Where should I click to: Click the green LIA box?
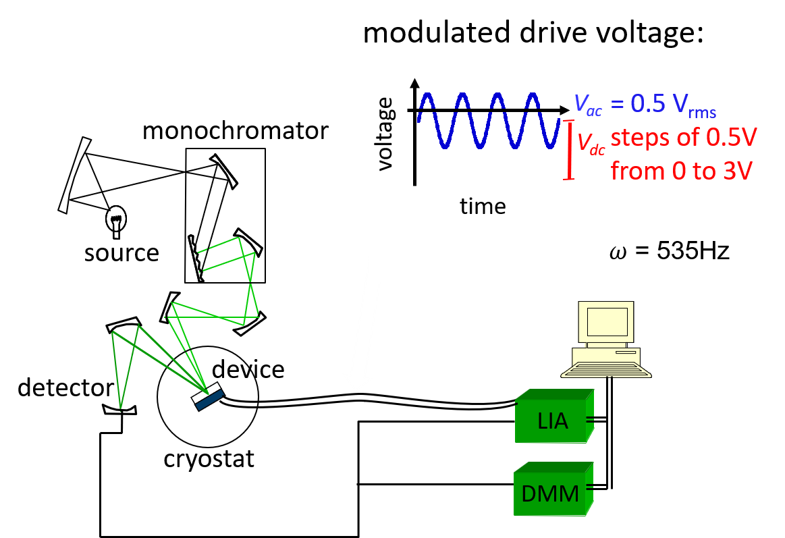pyautogui.click(x=555, y=416)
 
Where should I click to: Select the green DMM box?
pyautogui.click(x=553, y=489)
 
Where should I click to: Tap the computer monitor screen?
pyautogui.click(x=607, y=321)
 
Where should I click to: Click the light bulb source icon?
pyautogui.click(x=116, y=221)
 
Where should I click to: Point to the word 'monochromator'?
pyautogui.click(x=236, y=131)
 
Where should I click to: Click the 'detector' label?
pyautogui.click(x=65, y=388)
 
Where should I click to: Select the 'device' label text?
pyautogui.click(x=248, y=369)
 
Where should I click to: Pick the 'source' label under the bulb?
pyautogui.click(x=121, y=252)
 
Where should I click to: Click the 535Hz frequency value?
pyautogui.click(x=693, y=250)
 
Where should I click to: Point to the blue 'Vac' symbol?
pyautogui.click(x=588, y=104)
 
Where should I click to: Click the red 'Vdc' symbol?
pyautogui.click(x=591, y=143)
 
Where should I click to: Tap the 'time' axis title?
pyautogui.click(x=483, y=206)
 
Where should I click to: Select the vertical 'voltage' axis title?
pyautogui.click(x=385, y=134)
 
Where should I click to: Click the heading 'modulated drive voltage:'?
pyautogui.click(x=533, y=33)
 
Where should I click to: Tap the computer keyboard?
pyautogui.click(x=605, y=370)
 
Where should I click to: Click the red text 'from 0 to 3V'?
pyautogui.click(x=681, y=171)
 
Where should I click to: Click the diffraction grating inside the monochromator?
pyautogui.click(x=196, y=259)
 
